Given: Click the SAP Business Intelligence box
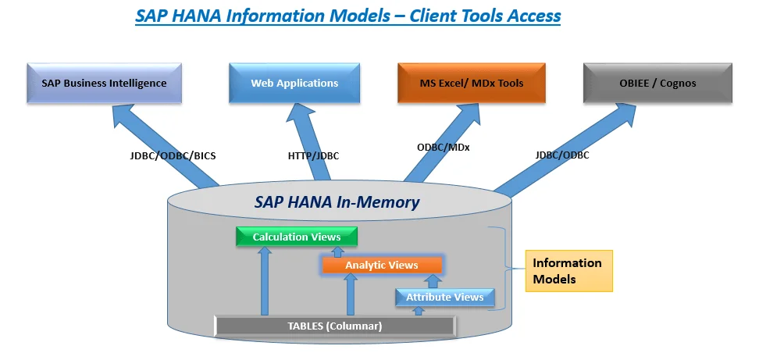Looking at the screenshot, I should [104, 84].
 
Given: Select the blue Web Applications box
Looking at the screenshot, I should [294, 84].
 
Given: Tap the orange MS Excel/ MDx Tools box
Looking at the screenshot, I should [472, 84].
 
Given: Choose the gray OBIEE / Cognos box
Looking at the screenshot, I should [657, 84].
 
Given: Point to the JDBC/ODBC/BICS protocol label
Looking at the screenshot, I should [173, 155].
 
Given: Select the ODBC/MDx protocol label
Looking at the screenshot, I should [444, 146].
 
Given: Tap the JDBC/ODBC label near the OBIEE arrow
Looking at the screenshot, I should [562, 155].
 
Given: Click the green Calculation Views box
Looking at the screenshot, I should [297, 237].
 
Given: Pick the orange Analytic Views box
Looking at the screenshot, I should [382, 266].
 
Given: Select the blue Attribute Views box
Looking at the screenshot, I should [444, 298].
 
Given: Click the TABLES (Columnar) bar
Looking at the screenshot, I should [336, 326].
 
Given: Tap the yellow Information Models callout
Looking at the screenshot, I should [568, 271].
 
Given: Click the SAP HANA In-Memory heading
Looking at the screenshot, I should [337, 202].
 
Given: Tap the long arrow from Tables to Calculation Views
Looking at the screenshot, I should [265, 281].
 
